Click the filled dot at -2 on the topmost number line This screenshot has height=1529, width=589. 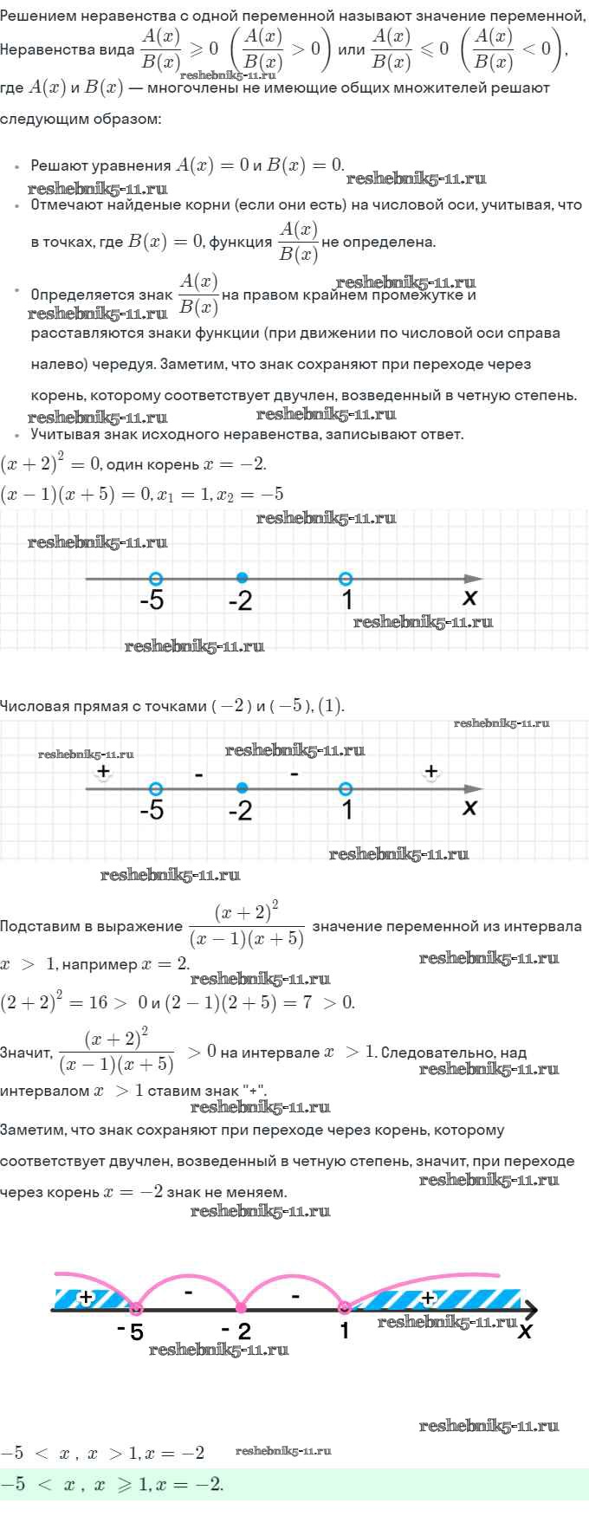(242, 578)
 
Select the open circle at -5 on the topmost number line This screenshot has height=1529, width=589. (155, 578)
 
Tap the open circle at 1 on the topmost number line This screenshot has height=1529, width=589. (346, 578)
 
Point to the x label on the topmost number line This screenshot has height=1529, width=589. (469, 597)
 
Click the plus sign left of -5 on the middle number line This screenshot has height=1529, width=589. (103, 770)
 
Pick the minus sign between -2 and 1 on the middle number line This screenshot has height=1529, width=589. (294, 773)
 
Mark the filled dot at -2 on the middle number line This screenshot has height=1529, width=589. (242, 787)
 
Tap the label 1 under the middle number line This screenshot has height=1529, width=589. (346, 811)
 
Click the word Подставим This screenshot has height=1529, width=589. (35, 926)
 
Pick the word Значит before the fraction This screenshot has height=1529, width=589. (26, 1053)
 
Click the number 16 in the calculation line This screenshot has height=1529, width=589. (97, 1002)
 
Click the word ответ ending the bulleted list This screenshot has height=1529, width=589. (441, 434)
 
